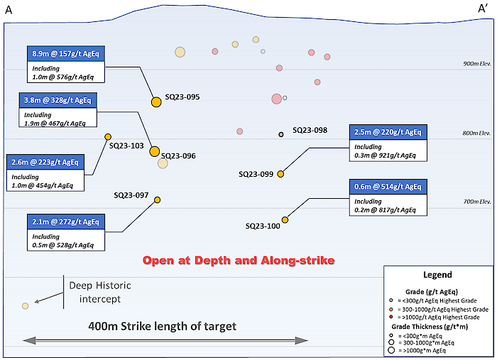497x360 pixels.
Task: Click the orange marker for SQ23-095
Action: (x=156, y=102)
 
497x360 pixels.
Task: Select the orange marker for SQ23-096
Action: (x=155, y=151)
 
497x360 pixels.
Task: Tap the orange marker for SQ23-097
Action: (x=158, y=200)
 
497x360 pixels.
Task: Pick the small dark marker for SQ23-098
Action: (x=281, y=134)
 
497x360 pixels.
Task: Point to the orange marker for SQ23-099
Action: (x=280, y=174)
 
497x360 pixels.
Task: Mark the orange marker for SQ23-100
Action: (x=285, y=220)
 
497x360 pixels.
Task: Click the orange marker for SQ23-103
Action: (x=108, y=137)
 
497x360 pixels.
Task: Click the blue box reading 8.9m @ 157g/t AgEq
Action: (x=67, y=54)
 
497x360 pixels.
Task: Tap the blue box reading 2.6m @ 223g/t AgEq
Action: (x=45, y=162)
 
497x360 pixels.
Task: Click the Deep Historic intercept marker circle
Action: (x=25, y=306)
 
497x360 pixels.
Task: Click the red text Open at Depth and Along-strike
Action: (x=238, y=261)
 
